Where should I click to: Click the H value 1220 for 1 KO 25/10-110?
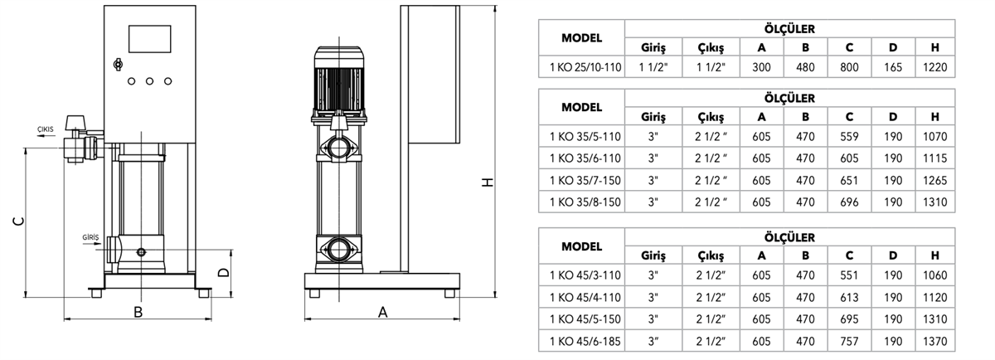pyautogui.click(x=935, y=67)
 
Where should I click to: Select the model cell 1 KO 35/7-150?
pyautogui.click(x=585, y=181)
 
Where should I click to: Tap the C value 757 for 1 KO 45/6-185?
pyautogui.click(x=849, y=341)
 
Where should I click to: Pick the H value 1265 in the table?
pyautogui.click(x=935, y=181)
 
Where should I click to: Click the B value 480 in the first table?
pyautogui.click(x=805, y=67)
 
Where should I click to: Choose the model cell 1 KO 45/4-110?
pyautogui.click(x=585, y=297)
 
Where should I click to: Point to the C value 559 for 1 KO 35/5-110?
pyautogui.click(x=849, y=136)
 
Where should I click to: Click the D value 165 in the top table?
pyautogui.click(x=893, y=67)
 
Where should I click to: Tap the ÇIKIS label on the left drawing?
pyautogui.click(x=46, y=129)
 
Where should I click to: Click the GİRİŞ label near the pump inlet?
pyautogui.click(x=90, y=237)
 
